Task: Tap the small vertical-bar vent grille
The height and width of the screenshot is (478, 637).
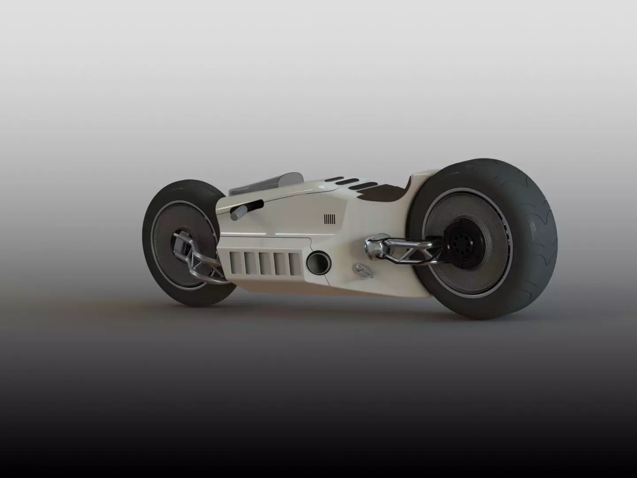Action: [330, 219]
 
